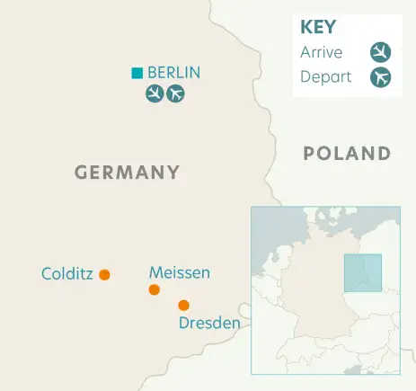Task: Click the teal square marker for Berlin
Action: click(137, 73)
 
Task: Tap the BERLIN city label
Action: click(173, 73)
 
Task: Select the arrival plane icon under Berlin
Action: click(155, 93)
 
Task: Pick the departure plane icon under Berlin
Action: click(175, 93)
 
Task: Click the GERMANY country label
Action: click(127, 172)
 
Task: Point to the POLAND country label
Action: click(347, 153)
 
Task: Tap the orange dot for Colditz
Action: click(104, 274)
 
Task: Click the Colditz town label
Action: click(67, 273)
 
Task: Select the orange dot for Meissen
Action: click(155, 289)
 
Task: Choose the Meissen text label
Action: click(180, 271)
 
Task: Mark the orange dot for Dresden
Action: click(183, 305)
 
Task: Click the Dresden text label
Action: click(209, 323)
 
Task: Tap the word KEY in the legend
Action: click(317, 28)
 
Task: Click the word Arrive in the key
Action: click(321, 52)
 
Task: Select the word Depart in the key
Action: click(325, 77)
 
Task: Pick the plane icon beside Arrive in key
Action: click(381, 52)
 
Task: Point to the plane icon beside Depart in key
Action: click(381, 77)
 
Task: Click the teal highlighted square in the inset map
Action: click(363, 273)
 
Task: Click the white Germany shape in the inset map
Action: click(310, 306)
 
